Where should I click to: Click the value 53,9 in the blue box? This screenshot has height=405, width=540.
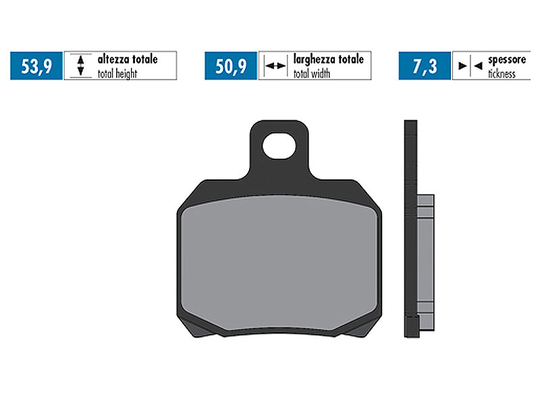(x=36, y=66)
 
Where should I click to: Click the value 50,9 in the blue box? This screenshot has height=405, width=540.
(x=231, y=66)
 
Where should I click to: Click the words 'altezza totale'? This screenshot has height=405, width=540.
(x=127, y=59)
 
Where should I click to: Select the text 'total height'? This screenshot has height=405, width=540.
(x=117, y=74)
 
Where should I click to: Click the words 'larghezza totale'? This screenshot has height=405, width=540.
(x=328, y=59)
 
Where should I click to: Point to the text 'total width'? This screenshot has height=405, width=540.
(x=311, y=74)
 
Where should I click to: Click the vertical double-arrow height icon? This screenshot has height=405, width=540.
(x=80, y=66)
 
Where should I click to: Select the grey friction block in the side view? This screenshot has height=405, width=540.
(x=425, y=256)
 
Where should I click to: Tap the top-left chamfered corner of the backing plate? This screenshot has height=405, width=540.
(x=190, y=192)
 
